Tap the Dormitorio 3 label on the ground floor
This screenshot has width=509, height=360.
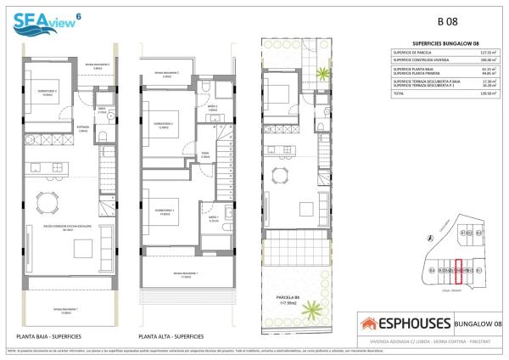pos(48,93)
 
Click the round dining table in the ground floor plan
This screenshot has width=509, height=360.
pos(43,201)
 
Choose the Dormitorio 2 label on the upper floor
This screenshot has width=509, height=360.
pos(165,125)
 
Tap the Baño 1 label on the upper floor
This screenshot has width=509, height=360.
pos(213,218)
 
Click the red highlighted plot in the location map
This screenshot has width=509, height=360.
pos(460,269)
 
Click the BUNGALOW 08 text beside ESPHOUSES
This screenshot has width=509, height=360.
pos(474,323)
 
